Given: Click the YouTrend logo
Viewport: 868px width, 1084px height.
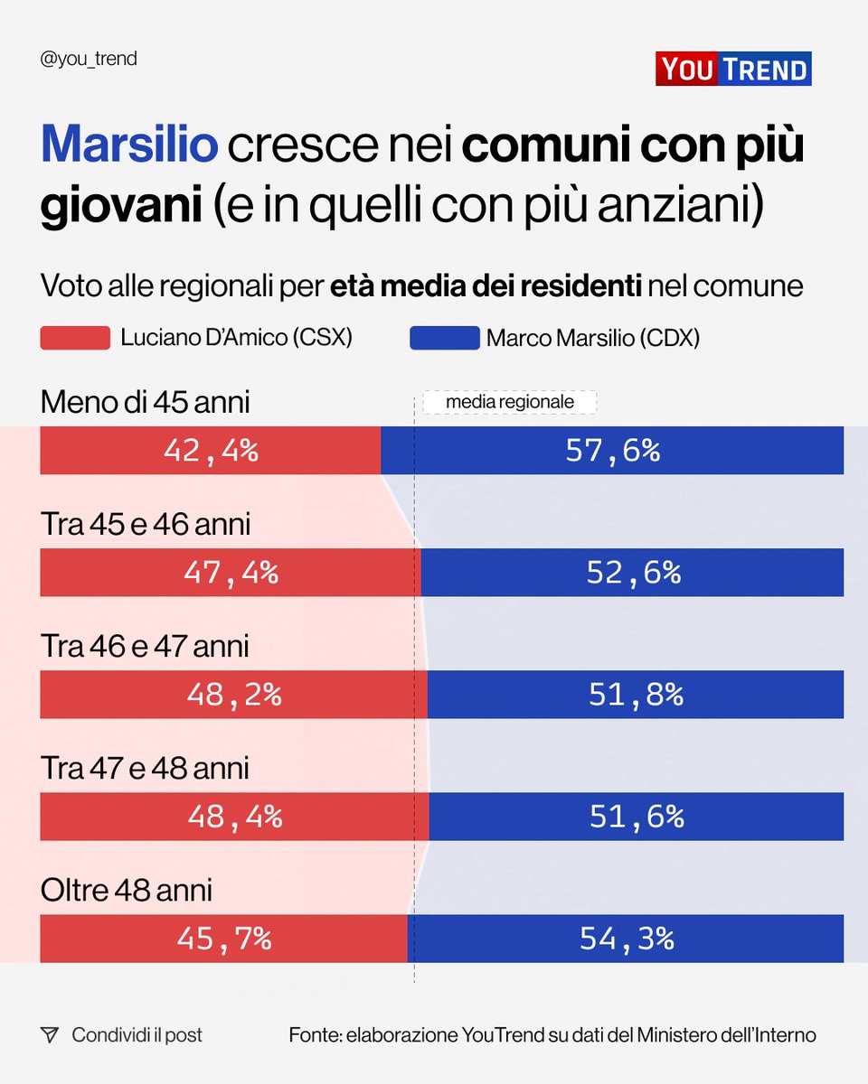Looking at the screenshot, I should [x=733, y=69].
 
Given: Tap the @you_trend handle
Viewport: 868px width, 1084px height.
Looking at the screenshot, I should [x=89, y=60].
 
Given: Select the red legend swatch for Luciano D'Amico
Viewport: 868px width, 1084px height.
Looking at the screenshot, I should [x=75, y=338].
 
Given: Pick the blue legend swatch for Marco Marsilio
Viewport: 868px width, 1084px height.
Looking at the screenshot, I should [x=444, y=338].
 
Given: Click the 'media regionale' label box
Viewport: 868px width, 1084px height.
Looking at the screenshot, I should [x=510, y=402].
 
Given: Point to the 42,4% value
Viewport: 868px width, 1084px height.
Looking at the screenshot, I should [x=211, y=451].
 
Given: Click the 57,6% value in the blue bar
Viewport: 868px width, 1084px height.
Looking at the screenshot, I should [x=612, y=451].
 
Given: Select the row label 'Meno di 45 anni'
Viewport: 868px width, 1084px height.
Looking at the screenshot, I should [x=145, y=403].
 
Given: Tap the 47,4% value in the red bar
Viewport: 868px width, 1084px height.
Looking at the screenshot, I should [x=231, y=573].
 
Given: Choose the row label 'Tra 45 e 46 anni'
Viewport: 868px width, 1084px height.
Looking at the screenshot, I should [x=146, y=525].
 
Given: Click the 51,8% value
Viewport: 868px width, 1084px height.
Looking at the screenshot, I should [x=636, y=695].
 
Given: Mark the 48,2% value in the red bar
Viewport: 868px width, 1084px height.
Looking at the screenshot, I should [x=234, y=695].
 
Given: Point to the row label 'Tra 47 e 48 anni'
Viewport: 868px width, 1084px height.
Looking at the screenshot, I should [x=145, y=769].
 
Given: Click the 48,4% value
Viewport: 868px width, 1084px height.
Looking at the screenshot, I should [x=235, y=817].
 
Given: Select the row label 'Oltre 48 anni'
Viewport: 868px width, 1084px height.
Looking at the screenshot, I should [x=127, y=891].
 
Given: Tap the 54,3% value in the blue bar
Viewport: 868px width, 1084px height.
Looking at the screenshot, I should [x=627, y=939].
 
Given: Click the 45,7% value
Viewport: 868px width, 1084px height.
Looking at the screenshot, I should [x=223, y=939].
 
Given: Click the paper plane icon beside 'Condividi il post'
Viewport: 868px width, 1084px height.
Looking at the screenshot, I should [x=50, y=1034].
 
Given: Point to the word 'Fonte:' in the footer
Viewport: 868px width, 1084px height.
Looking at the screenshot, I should [x=313, y=1034].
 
